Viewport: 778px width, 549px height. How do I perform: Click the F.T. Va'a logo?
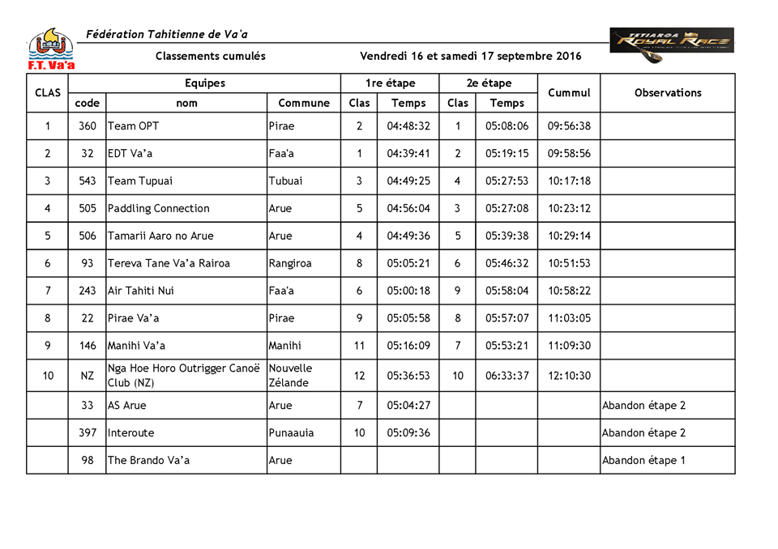50,49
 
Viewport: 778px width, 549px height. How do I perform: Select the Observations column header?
668,92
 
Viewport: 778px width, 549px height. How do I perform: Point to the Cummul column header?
569,92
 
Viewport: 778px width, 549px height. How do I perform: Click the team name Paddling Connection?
159,208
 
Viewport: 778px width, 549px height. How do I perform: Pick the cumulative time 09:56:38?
569,126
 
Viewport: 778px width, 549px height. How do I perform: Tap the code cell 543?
88,181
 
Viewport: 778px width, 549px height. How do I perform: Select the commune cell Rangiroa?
290,263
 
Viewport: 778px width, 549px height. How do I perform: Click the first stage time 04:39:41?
408,153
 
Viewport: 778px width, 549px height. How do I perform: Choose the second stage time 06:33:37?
507,376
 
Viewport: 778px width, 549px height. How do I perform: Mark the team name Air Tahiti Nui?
141,291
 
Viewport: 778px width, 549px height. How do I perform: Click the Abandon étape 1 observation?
643,460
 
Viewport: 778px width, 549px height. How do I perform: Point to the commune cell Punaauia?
292,432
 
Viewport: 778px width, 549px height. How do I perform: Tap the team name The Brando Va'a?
147,460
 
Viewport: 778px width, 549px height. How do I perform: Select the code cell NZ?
88,376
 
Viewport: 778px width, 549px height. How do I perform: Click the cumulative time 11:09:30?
569,346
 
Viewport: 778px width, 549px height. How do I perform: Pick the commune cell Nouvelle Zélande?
290,376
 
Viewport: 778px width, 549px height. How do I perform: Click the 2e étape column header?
489,83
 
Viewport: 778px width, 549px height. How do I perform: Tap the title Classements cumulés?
211,56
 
